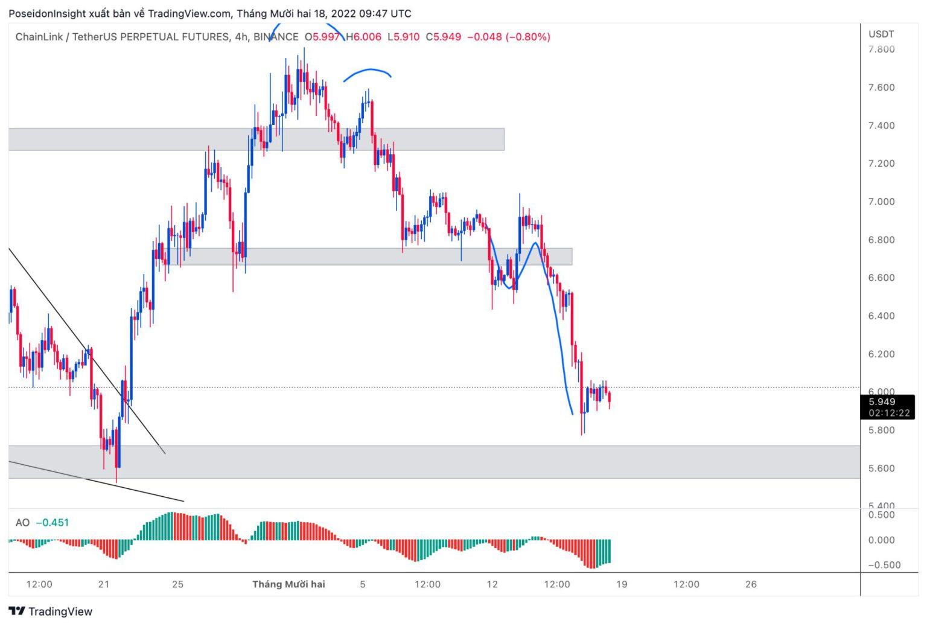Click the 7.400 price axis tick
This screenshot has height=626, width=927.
881,126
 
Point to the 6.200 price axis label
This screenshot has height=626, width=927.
881,354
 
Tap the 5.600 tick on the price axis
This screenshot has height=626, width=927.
881,468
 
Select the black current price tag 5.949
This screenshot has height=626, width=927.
882,402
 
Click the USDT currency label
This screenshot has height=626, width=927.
881,34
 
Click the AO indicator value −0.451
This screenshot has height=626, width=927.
53,523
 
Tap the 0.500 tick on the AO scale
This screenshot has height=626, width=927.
881,515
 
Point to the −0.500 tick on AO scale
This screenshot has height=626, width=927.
884,565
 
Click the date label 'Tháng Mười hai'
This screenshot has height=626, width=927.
288,584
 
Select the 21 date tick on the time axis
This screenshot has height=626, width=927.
104,584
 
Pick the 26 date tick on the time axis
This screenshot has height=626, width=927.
751,584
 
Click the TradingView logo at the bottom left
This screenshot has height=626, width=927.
51,612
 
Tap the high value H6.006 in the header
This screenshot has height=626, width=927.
363,37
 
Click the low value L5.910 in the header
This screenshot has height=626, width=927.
403,37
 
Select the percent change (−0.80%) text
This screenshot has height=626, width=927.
528,37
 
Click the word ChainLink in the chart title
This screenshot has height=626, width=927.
39,37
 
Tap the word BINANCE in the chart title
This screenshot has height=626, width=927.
276,37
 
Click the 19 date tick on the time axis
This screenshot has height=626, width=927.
622,584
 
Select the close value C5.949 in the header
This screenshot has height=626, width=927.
444,37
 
